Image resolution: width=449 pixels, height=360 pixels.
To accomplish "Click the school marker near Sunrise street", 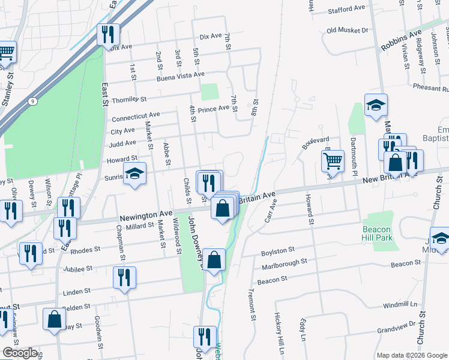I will click(x=134, y=174).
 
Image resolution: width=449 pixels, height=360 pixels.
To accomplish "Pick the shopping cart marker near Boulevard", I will click(x=333, y=160).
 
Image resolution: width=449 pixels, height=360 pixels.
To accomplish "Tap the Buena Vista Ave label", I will click(x=181, y=77).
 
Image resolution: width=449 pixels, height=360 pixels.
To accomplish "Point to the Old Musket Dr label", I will click(x=347, y=30).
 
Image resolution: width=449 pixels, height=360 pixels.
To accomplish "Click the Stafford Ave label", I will click(x=346, y=9).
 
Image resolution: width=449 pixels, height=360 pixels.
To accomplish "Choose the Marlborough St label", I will click(x=284, y=262).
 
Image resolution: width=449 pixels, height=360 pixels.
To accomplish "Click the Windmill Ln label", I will click(x=400, y=305).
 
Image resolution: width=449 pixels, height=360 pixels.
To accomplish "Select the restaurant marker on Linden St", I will click(x=124, y=277).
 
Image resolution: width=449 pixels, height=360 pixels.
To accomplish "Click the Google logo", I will click(x=20, y=352).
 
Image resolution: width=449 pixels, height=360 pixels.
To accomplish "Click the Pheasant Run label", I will click(x=430, y=88).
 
